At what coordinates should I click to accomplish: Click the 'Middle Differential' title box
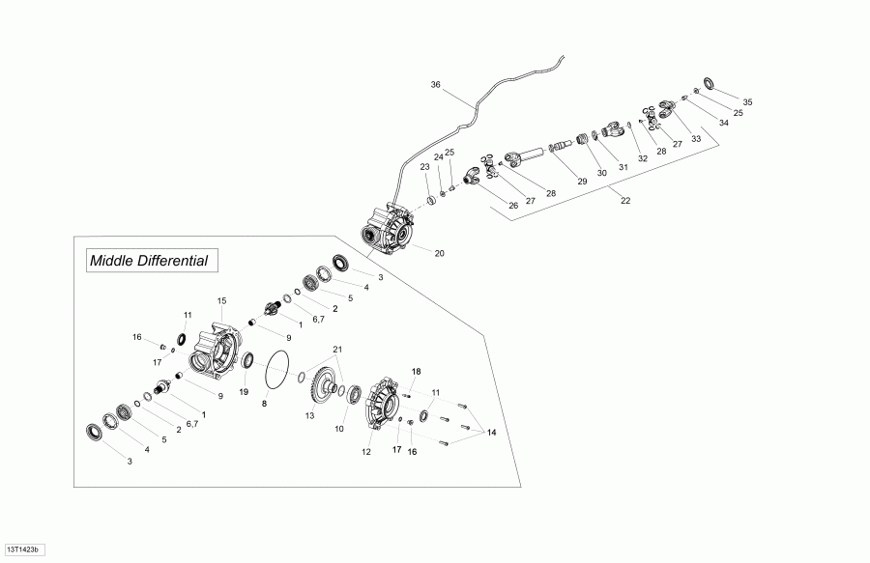click(x=152, y=261)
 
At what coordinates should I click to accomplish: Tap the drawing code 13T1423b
click(x=23, y=549)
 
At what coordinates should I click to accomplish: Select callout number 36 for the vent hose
click(x=436, y=85)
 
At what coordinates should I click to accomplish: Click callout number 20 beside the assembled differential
click(x=440, y=253)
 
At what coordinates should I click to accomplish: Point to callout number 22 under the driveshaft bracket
click(x=625, y=201)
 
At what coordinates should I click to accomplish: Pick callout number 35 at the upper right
click(x=747, y=102)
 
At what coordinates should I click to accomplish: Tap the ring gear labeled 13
click(x=322, y=388)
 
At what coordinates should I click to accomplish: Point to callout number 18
click(x=416, y=371)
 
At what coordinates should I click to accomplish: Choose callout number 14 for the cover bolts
click(x=492, y=433)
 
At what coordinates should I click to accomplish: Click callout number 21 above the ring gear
click(x=337, y=350)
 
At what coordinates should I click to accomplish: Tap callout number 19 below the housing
click(x=244, y=392)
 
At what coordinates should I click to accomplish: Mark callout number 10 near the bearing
click(x=339, y=429)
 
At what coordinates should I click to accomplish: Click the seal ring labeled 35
click(x=709, y=83)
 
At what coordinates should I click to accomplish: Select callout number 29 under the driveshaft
click(x=582, y=182)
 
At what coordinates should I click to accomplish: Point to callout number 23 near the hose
click(x=425, y=167)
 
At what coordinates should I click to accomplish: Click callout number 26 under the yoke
click(x=513, y=206)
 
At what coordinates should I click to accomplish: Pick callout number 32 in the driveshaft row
click(x=643, y=158)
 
